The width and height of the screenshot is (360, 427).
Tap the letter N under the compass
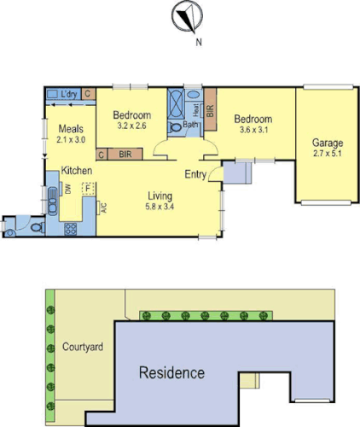(198, 39)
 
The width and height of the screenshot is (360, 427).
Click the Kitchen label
(76, 171)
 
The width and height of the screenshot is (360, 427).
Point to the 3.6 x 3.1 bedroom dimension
(253, 130)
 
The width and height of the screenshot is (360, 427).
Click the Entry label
(196, 174)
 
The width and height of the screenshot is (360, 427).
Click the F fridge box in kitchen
(86, 190)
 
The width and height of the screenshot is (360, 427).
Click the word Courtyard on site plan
(83, 348)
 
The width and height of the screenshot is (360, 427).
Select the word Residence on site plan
(172, 373)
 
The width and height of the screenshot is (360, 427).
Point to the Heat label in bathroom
(196, 109)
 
